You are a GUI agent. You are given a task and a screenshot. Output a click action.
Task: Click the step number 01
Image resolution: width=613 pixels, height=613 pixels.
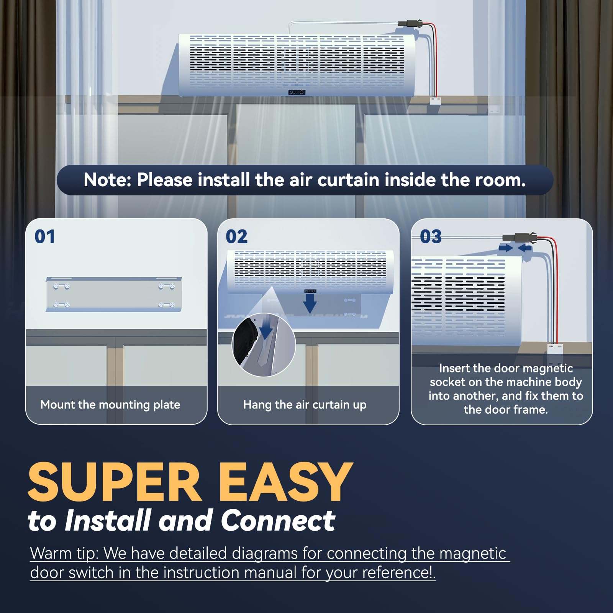tap(45, 236)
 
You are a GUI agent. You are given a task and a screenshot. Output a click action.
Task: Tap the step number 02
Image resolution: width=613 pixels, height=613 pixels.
tap(236, 236)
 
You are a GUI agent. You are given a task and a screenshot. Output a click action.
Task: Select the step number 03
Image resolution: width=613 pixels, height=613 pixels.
tap(431, 236)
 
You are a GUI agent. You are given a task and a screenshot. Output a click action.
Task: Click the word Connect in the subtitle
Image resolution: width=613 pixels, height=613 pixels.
tap(278, 521)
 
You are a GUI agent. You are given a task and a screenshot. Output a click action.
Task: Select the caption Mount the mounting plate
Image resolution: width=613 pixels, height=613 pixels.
tap(110, 405)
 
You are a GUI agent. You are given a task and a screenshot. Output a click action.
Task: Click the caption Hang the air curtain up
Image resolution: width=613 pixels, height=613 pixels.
tap(305, 405)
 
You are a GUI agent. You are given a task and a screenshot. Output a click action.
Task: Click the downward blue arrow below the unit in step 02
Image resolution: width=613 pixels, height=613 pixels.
tap(310, 305)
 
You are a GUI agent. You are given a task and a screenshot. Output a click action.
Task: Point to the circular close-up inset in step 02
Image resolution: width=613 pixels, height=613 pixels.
tap(264, 345)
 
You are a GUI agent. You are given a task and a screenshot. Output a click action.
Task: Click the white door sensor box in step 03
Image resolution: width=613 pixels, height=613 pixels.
tap(554, 349)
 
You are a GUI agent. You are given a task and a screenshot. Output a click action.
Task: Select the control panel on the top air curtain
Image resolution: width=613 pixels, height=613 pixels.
tap(297, 92)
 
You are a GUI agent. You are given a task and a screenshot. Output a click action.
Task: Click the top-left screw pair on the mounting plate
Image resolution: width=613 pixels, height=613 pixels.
tap(61, 286)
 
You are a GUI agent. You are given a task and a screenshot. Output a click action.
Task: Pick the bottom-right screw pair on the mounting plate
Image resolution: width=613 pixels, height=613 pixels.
tap(167, 305)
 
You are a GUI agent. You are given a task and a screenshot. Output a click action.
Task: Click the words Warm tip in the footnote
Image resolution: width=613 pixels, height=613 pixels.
tap(64, 554)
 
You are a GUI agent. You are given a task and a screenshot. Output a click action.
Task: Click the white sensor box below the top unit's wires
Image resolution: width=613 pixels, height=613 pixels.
tap(435, 101)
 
